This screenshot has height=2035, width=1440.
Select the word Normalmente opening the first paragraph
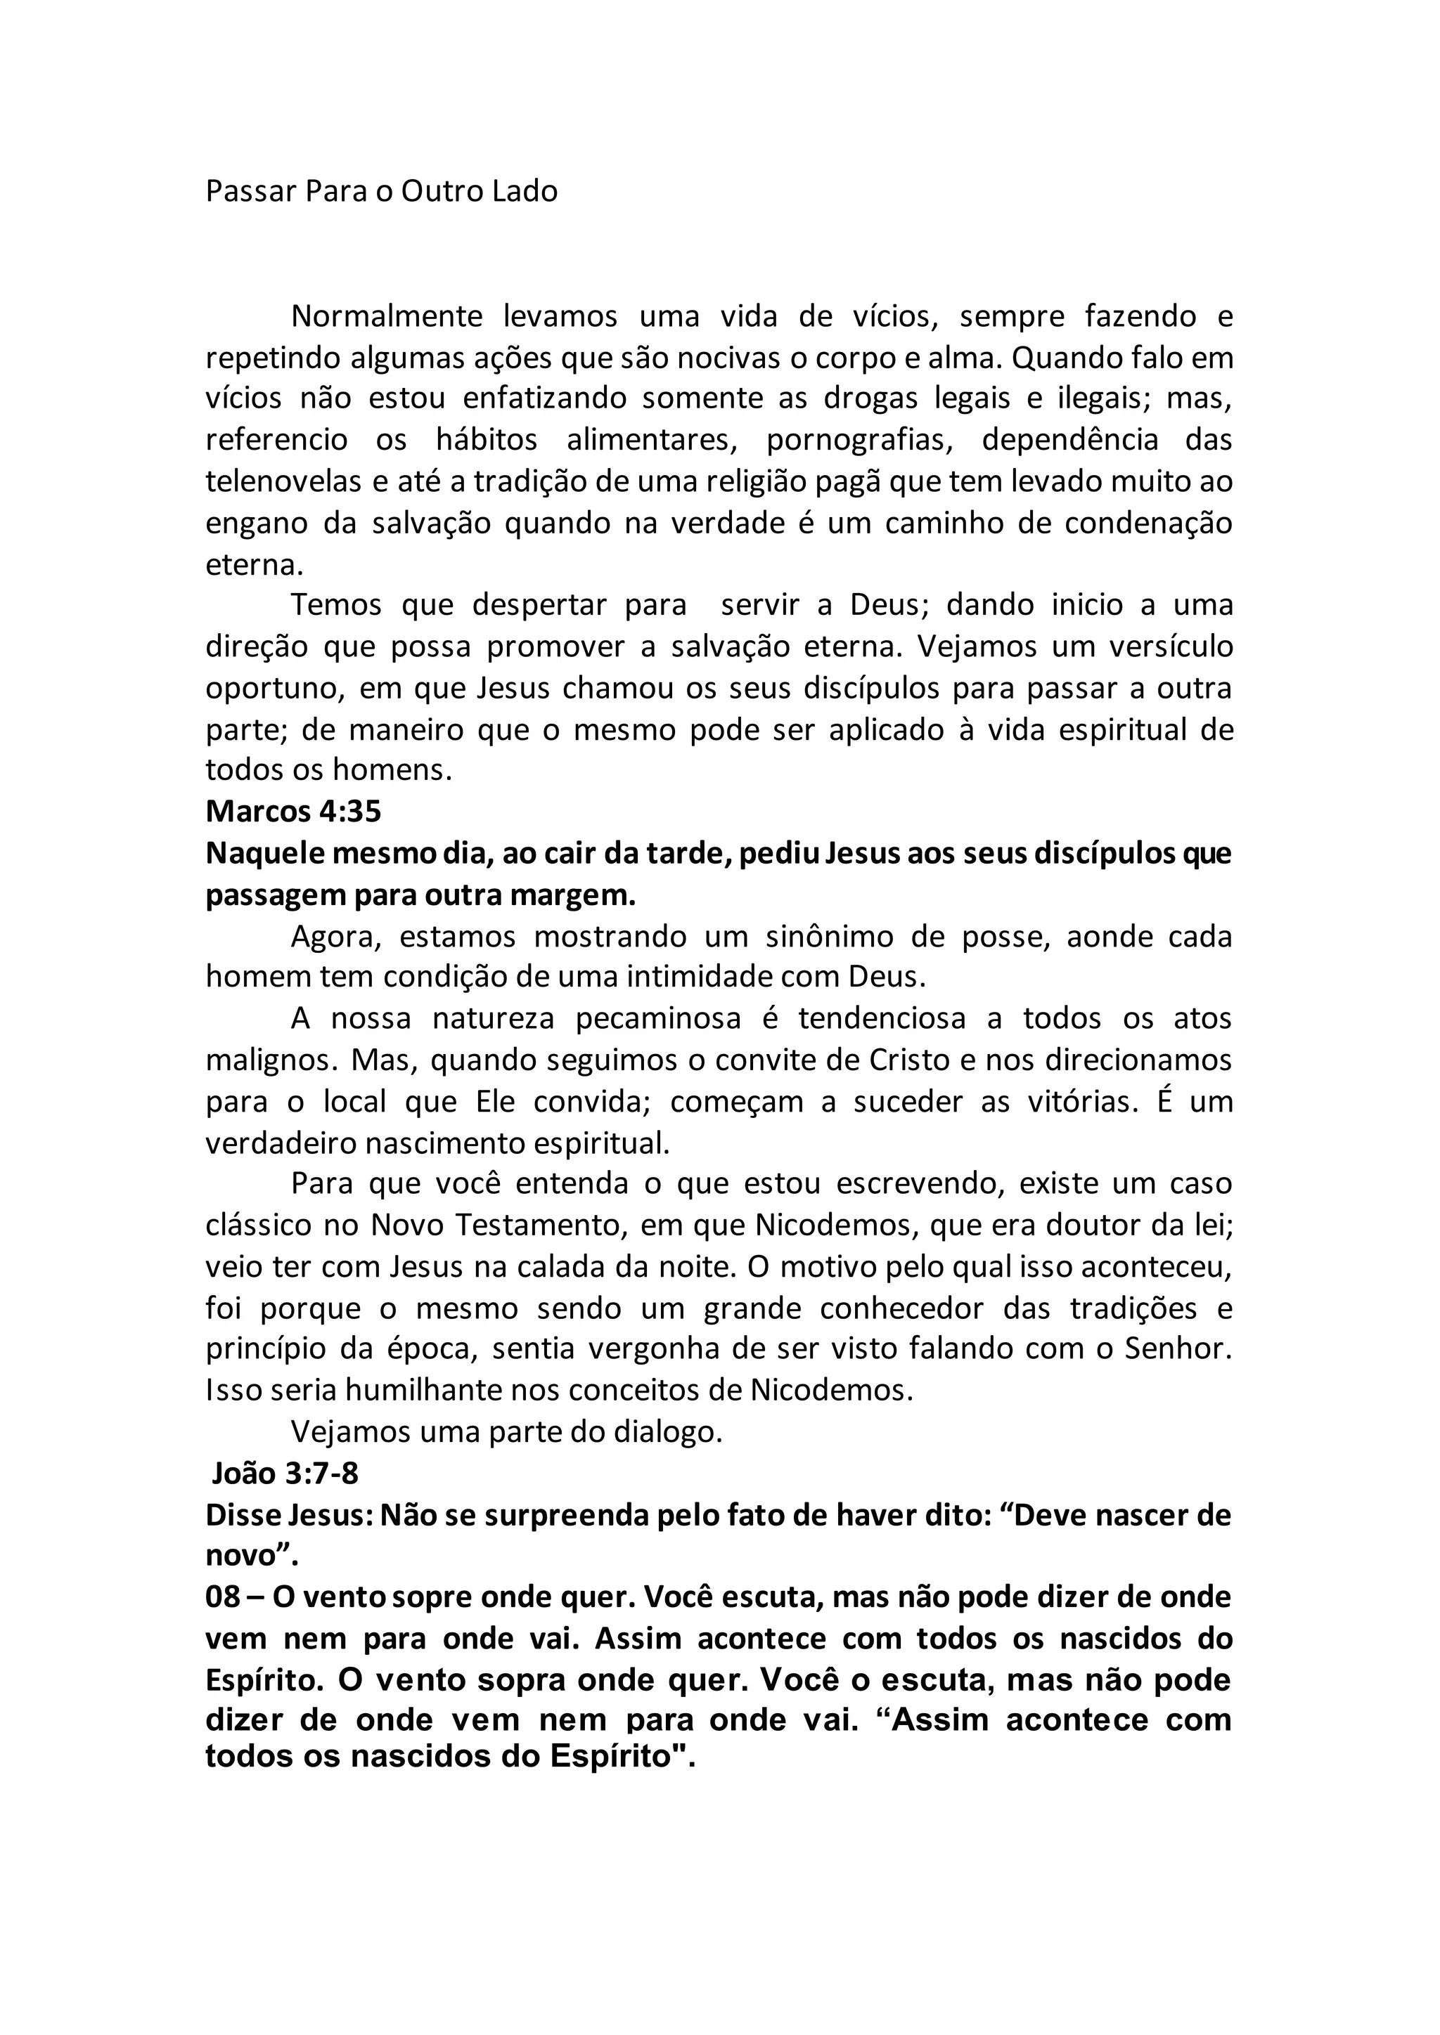pos(387,316)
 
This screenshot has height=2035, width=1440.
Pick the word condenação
pos(1147,524)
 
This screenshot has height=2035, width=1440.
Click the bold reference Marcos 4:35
pos(293,811)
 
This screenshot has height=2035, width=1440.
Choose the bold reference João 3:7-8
pos(285,1473)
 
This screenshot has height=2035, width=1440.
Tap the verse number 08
pos(223,1597)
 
